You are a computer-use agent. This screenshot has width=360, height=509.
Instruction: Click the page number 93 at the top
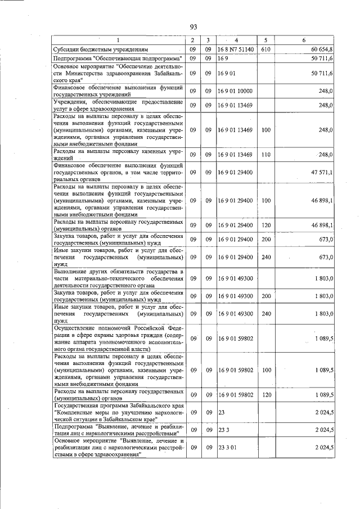point(193,27)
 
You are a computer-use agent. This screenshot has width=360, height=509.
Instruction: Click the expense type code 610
point(266,49)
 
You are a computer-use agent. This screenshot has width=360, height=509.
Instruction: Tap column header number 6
point(304,40)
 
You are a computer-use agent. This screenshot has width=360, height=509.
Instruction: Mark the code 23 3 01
point(227,447)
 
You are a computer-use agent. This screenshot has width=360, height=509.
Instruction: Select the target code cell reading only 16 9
point(223,58)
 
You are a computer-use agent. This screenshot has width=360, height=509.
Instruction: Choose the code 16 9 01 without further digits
point(227,73)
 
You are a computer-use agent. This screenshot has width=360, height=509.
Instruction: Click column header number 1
point(118,40)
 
